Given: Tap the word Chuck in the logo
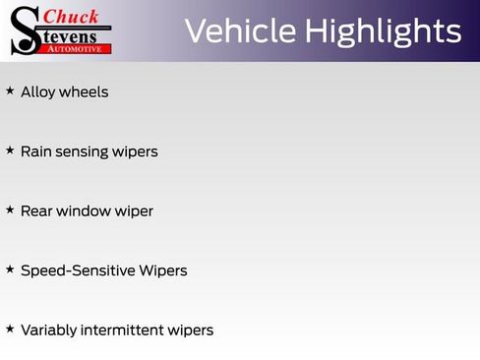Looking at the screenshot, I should click(71, 16).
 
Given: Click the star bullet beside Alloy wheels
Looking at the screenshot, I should click(10, 90).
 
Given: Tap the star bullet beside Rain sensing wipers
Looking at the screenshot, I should click(10, 150).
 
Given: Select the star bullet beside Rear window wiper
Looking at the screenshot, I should click(10, 210).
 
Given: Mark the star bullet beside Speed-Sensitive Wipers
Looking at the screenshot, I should click(10, 269).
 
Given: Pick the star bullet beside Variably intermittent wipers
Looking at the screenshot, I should click(10, 329).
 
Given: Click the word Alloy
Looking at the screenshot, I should click(37, 91).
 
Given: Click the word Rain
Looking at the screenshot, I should click(36, 151).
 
